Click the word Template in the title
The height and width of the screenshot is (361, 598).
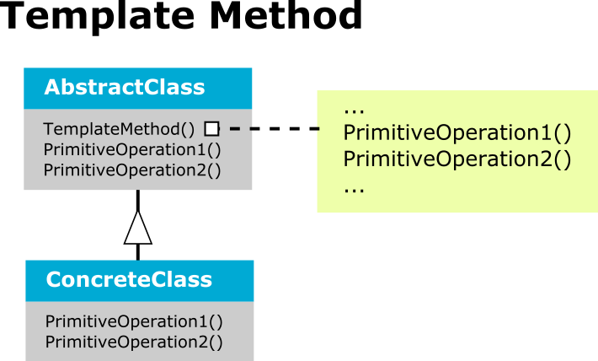click(x=98, y=16)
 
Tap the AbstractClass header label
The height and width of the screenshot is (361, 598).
click(x=125, y=87)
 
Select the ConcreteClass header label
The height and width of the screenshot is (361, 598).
click(x=129, y=279)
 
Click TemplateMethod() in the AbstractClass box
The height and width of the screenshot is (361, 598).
click(x=119, y=129)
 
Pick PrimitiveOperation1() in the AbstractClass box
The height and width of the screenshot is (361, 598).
click(x=132, y=150)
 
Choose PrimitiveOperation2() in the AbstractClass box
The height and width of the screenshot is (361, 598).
click(x=132, y=170)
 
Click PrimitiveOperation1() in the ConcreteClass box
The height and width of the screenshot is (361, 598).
click(x=134, y=321)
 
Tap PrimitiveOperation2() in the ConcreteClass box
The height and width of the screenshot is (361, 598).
click(x=134, y=342)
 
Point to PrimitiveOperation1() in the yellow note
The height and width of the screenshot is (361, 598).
click(x=457, y=133)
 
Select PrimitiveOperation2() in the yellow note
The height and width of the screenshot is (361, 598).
click(x=457, y=159)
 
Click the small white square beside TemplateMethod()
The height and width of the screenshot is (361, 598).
click(x=212, y=129)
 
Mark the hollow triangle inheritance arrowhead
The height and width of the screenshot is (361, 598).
click(x=137, y=228)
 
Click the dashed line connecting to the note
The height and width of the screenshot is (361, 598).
click(x=275, y=129)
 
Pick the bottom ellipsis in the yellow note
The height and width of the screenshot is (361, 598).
click(x=354, y=190)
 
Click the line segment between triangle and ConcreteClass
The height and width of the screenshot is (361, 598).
click(x=137, y=252)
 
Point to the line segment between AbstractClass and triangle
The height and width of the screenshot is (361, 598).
click(x=137, y=200)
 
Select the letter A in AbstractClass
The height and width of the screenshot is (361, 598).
click(x=51, y=87)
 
